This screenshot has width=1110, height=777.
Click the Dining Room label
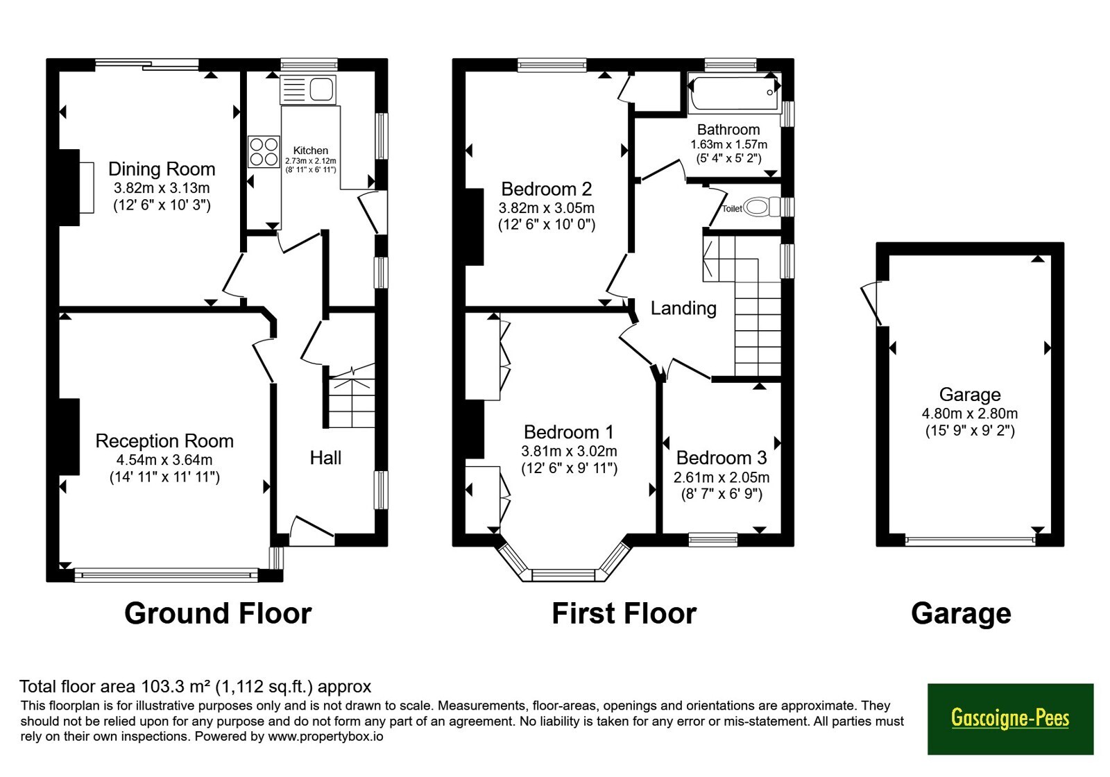162,169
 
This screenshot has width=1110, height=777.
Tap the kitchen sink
308,89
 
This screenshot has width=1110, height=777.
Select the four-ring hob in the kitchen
264,152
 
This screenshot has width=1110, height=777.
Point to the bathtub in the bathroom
735,93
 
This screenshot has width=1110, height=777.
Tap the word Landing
683,308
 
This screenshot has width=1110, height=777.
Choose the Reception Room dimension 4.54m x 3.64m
161,459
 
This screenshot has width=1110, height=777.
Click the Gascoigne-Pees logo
1010,719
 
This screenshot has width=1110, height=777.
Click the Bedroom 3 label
721,458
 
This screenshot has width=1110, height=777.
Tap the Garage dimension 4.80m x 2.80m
970,413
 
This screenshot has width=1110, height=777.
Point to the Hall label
325,458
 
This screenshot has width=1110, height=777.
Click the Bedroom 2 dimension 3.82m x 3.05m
547,207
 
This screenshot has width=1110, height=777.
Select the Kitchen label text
311,150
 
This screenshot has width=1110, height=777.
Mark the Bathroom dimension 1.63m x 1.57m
729,145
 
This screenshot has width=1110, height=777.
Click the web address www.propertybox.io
325,736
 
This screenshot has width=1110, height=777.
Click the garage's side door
871,303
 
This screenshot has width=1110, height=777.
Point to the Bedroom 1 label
569,432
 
